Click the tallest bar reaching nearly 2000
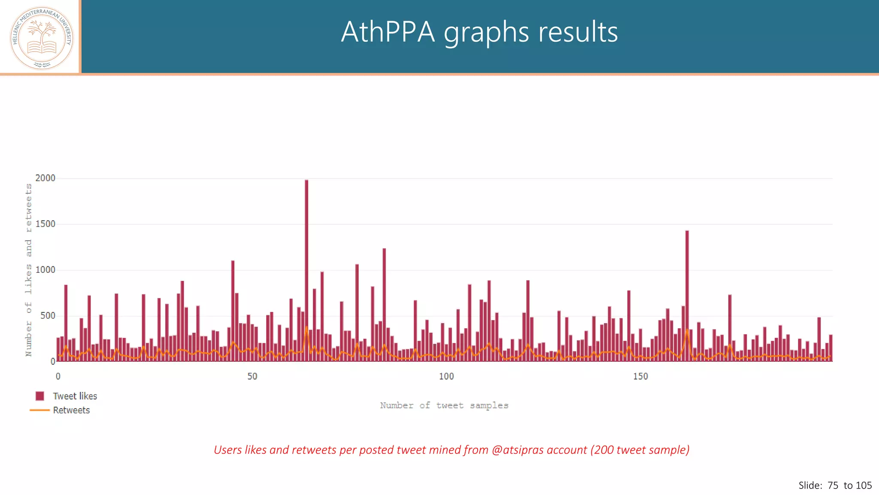[x=306, y=271]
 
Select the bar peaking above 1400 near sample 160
[x=687, y=296]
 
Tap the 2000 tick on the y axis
[x=45, y=178]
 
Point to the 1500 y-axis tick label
[x=45, y=224]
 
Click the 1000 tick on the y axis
[x=45, y=270]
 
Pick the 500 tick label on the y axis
[x=48, y=316]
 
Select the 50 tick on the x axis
[x=252, y=376]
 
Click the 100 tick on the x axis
[x=446, y=376]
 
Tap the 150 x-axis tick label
[x=640, y=376]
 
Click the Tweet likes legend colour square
[x=40, y=396]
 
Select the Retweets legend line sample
[x=40, y=410]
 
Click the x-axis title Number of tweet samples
[x=444, y=405]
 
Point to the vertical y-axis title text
[x=28, y=270]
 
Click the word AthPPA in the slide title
[x=388, y=32]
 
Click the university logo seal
[x=42, y=38]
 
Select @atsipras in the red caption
[x=517, y=450]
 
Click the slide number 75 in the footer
[x=833, y=486]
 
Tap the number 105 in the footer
[x=864, y=486]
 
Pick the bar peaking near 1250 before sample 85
[x=384, y=305]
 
